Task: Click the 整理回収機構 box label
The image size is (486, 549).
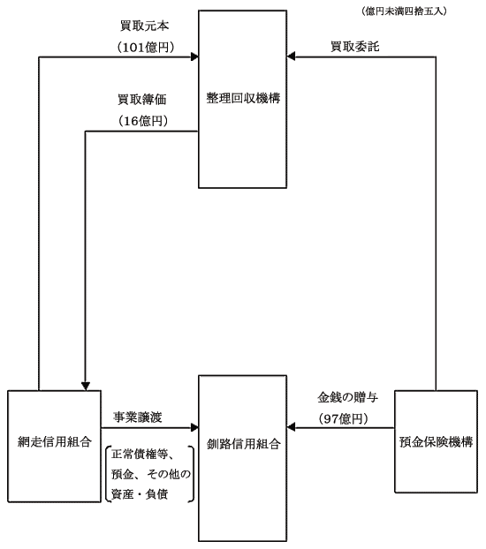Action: click(x=243, y=98)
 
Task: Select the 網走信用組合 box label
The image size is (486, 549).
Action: click(x=55, y=442)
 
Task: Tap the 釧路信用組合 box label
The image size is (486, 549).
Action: click(x=243, y=444)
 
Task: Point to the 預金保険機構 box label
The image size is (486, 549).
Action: click(x=437, y=442)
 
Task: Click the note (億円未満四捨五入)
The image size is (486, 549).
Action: click(x=404, y=11)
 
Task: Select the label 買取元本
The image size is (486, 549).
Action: click(x=144, y=26)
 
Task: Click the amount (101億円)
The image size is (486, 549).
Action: click(x=146, y=48)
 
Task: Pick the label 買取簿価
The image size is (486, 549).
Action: click(x=142, y=100)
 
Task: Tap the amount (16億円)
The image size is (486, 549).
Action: click(x=143, y=121)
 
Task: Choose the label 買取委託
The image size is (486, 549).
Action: click(x=355, y=47)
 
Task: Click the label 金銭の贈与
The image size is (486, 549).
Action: click(x=347, y=397)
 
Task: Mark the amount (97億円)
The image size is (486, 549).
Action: click(x=343, y=418)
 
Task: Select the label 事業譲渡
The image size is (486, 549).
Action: click(x=138, y=417)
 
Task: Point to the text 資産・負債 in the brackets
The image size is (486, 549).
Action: click(x=140, y=494)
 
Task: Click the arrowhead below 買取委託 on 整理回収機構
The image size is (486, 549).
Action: click(x=291, y=56)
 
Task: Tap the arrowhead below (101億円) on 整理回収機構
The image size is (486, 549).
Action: click(x=194, y=56)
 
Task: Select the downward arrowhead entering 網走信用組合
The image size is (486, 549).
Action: click(x=86, y=387)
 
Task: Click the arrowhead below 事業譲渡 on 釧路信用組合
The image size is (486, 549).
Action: click(x=194, y=427)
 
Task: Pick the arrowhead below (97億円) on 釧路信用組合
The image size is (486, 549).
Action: click(x=291, y=427)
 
